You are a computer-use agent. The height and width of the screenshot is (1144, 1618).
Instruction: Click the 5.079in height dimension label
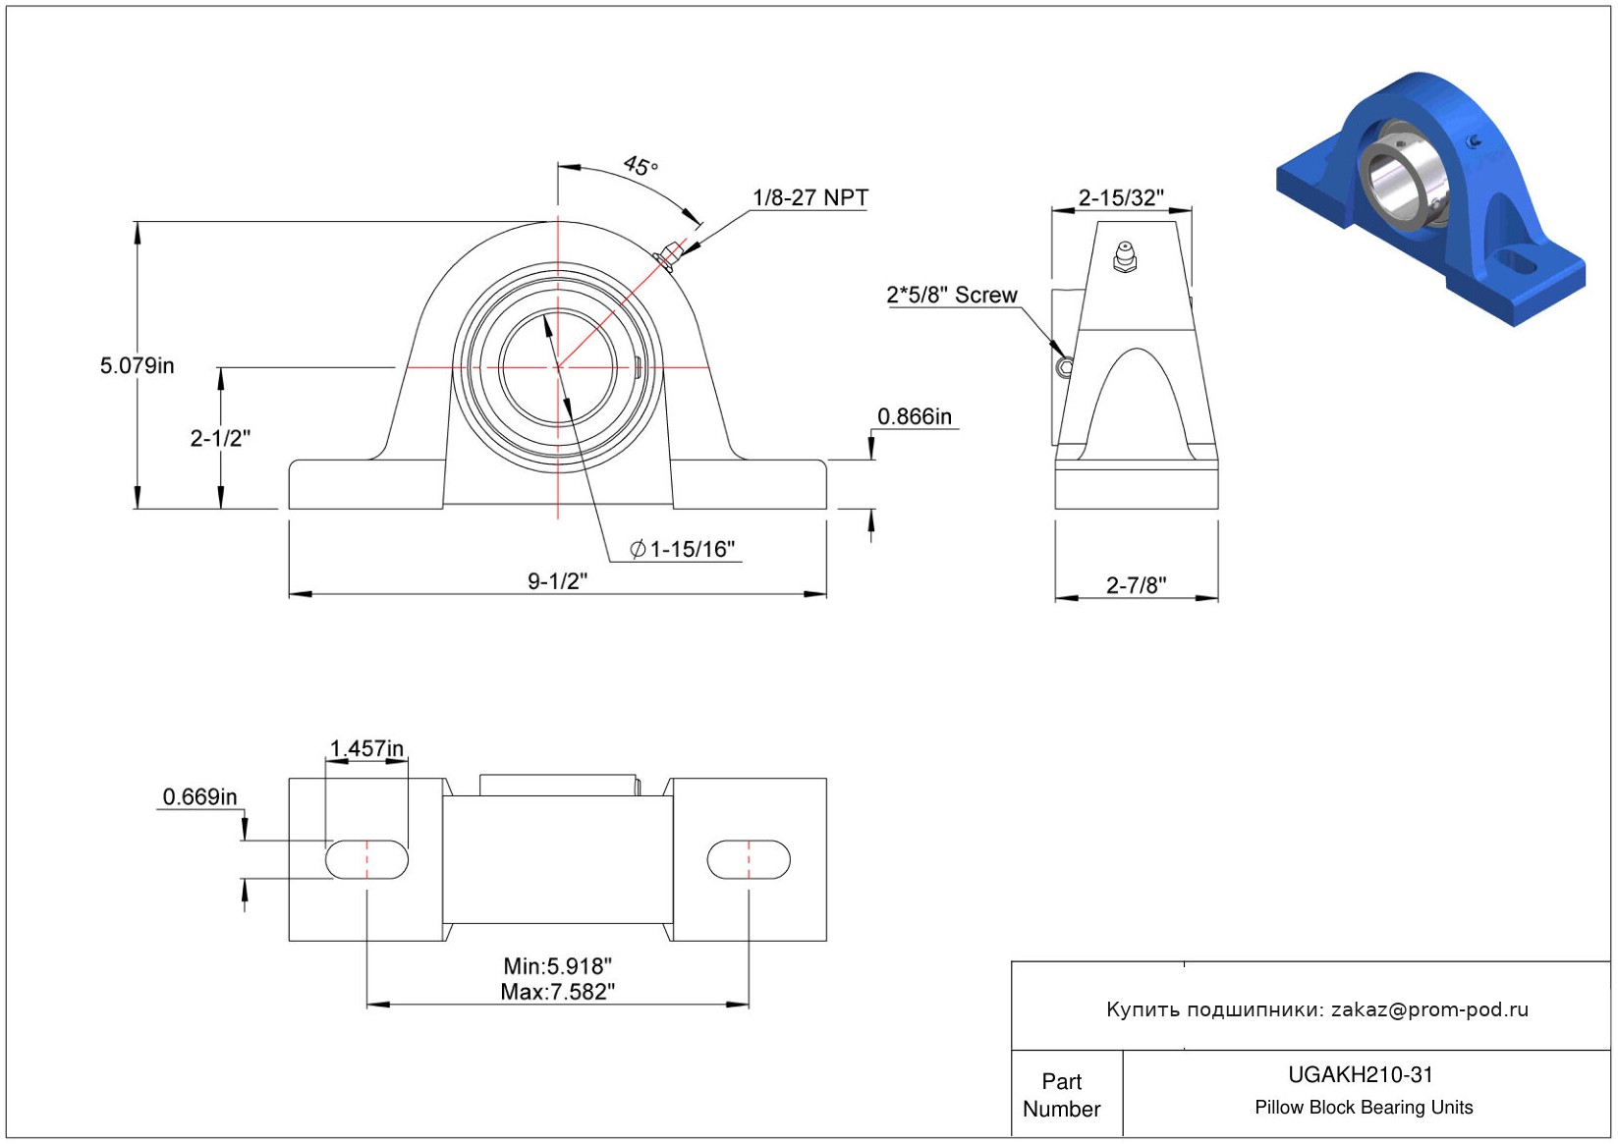[137, 366]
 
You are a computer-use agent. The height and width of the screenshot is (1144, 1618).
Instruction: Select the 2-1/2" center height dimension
[220, 438]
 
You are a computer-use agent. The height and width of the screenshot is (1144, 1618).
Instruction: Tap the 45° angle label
[641, 166]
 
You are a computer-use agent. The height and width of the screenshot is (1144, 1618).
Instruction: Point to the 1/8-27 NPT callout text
[809, 198]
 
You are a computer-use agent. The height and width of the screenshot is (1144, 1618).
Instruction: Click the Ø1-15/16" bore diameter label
[684, 550]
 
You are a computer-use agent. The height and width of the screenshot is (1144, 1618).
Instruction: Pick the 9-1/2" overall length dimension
[557, 581]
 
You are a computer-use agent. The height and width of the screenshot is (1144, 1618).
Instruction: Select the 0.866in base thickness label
[914, 417]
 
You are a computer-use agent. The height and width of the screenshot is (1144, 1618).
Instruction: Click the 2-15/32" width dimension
[1120, 198]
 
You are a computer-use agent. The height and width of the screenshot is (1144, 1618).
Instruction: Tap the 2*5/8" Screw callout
[951, 296]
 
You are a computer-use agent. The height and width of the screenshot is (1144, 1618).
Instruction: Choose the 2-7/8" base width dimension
[1136, 586]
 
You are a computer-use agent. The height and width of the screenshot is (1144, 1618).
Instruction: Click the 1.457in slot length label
[366, 749]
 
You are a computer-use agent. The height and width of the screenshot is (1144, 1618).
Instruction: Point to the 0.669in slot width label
[199, 797]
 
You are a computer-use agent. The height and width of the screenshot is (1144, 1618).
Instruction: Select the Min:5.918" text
[557, 967]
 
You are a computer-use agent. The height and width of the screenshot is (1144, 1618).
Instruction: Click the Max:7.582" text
[557, 993]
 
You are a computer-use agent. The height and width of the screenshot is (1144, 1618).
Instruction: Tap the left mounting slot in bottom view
[366, 859]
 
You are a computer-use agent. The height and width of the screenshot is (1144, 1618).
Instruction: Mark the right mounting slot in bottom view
[749, 859]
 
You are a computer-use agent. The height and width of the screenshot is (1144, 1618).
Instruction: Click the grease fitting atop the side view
[1125, 256]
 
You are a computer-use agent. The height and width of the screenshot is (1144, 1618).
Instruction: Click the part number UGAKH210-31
[1361, 1075]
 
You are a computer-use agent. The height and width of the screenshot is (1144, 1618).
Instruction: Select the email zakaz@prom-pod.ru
[1429, 1009]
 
